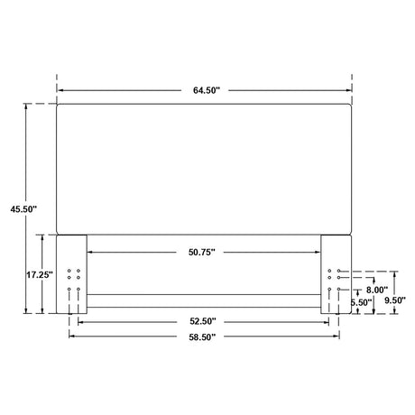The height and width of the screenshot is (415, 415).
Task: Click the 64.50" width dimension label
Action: click(207, 90)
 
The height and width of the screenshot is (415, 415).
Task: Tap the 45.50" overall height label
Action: click(23, 209)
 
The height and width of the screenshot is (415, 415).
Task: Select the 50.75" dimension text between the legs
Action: click(202, 252)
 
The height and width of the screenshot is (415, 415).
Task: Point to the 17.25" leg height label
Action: click(40, 274)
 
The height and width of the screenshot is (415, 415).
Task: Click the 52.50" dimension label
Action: click(203, 321)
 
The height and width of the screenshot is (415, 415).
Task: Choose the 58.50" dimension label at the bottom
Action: click(202, 337)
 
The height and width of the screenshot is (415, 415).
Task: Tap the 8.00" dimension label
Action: click(377, 290)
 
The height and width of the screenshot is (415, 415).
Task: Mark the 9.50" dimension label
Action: click(395, 300)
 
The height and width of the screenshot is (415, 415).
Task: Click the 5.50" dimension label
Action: click(362, 302)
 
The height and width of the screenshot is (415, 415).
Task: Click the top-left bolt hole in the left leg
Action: click(69, 271)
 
